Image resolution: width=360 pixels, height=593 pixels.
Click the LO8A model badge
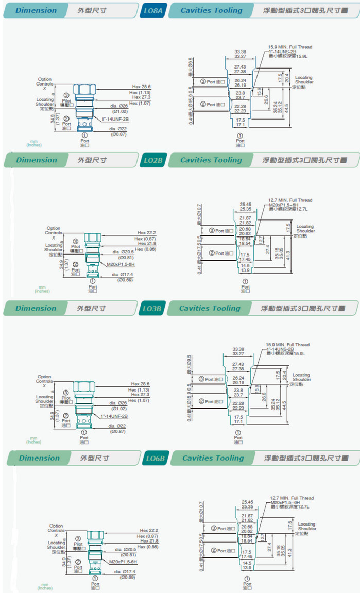(x=153, y=11)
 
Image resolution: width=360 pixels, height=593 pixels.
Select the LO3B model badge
(x=152, y=309)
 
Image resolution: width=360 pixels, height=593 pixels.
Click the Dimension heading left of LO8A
(x=36, y=10)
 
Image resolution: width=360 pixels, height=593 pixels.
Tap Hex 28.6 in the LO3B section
(x=140, y=384)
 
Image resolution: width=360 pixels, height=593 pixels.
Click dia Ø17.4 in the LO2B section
(x=123, y=275)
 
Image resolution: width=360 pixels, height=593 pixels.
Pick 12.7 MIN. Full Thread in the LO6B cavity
(x=292, y=498)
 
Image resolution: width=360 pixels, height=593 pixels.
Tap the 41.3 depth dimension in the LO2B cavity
(x=289, y=255)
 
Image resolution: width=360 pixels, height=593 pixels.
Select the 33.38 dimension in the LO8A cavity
(x=240, y=52)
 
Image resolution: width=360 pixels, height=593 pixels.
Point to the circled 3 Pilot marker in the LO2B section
(x=75, y=241)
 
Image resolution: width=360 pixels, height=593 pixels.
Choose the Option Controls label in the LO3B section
(x=44, y=379)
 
